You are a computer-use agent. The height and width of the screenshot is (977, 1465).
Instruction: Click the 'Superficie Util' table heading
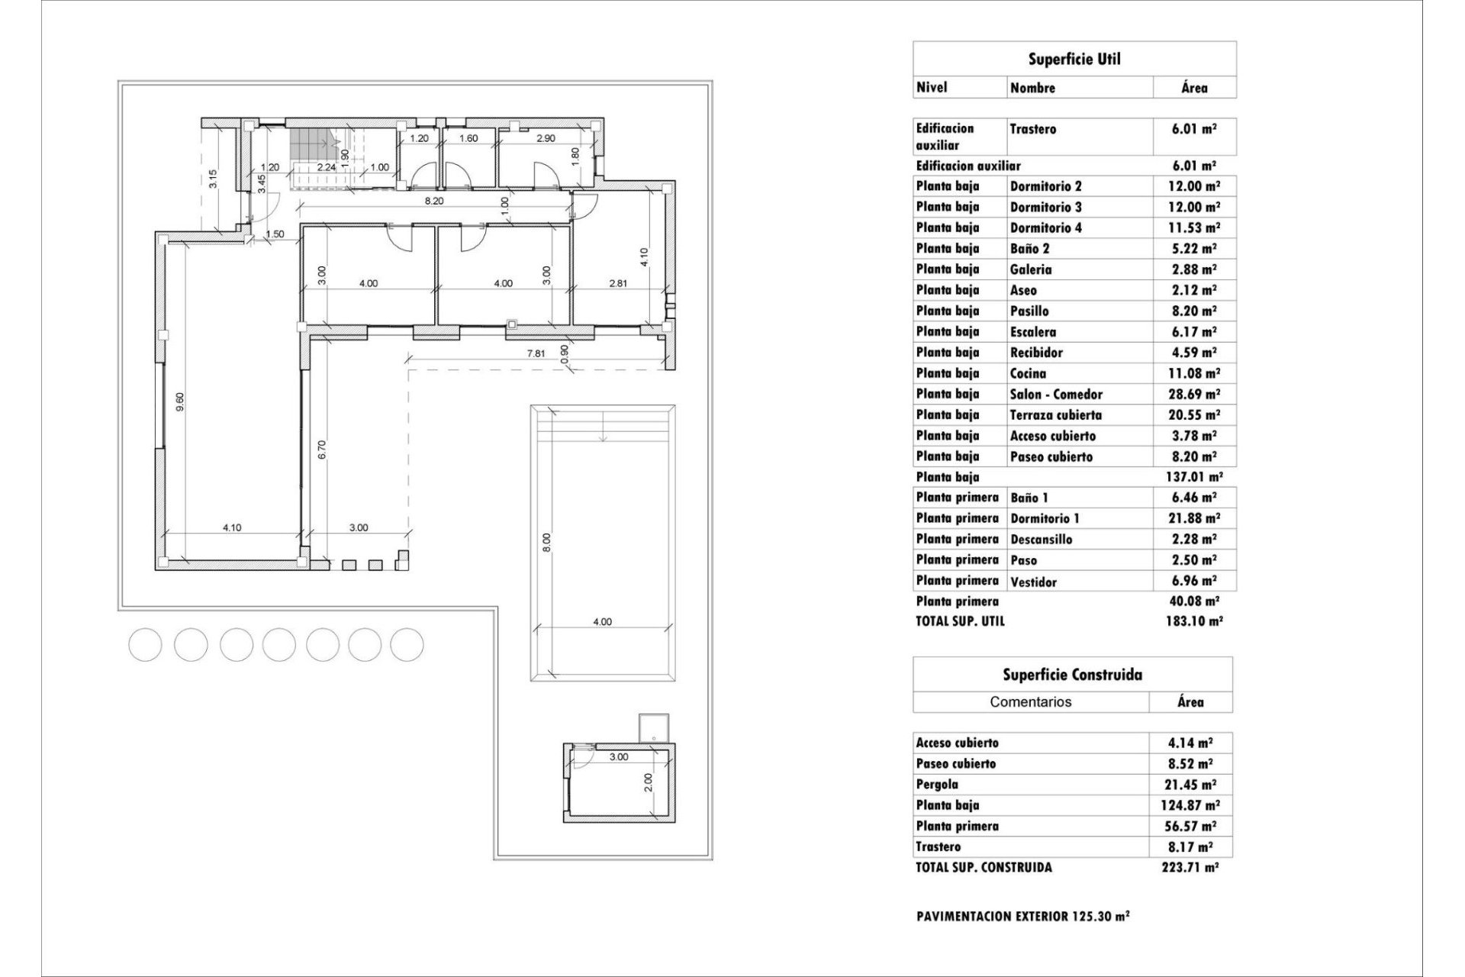(1074, 60)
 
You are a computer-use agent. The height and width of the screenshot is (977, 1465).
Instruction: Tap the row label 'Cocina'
(1028, 373)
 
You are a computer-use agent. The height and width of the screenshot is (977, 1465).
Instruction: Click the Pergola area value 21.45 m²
(1190, 785)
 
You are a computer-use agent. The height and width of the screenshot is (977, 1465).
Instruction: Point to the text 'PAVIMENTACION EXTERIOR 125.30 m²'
(1022, 916)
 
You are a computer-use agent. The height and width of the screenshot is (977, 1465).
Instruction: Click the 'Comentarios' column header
(1030, 701)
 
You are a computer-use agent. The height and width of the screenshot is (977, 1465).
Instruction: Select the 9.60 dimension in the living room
(180, 402)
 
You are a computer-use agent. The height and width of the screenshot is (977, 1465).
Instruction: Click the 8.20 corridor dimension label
(433, 202)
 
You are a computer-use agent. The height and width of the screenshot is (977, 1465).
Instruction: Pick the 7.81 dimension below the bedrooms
(536, 353)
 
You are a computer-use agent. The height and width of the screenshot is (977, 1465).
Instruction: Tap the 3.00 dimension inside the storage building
(618, 757)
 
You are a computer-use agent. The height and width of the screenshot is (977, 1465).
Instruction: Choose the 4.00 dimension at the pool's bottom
(602, 622)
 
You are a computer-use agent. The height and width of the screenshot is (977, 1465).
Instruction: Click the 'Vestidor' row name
(1033, 582)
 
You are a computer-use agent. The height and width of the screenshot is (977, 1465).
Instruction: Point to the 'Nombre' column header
(1032, 88)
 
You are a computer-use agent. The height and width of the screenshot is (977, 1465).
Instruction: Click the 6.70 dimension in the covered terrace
(322, 450)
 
